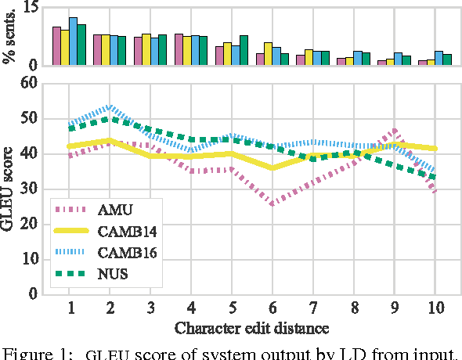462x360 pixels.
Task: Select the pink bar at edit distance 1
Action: (56, 46)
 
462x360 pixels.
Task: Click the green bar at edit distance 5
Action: (244, 50)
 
